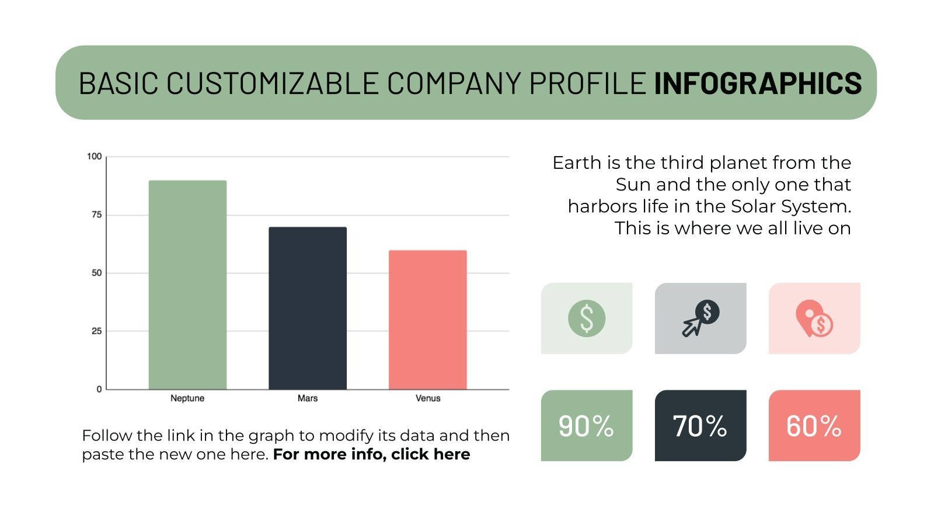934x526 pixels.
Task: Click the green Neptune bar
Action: tap(187, 285)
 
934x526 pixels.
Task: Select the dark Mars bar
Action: tap(308, 308)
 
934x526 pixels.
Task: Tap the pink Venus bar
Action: tap(427, 320)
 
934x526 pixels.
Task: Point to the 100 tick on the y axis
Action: tap(94, 157)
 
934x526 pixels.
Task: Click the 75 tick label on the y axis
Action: tap(96, 215)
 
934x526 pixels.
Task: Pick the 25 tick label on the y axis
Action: tap(96, 331)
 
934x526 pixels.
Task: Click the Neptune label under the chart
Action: tap(187, 399)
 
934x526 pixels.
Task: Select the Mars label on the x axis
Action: tap(308, 399)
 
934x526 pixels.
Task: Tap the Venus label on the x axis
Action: tap(428, 399)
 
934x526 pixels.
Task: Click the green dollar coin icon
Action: tap(587, 319)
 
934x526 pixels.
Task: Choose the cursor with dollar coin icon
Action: tap(700, 319)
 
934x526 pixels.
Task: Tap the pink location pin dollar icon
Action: tap(814, 319)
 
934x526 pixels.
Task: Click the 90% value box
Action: tap(587, 426)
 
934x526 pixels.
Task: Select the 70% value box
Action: tap(700, 426)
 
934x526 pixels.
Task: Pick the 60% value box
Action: tap(814, 426)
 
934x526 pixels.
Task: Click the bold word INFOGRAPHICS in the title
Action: tap(758, 83)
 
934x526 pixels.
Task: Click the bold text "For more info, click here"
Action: tap(371, 455)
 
